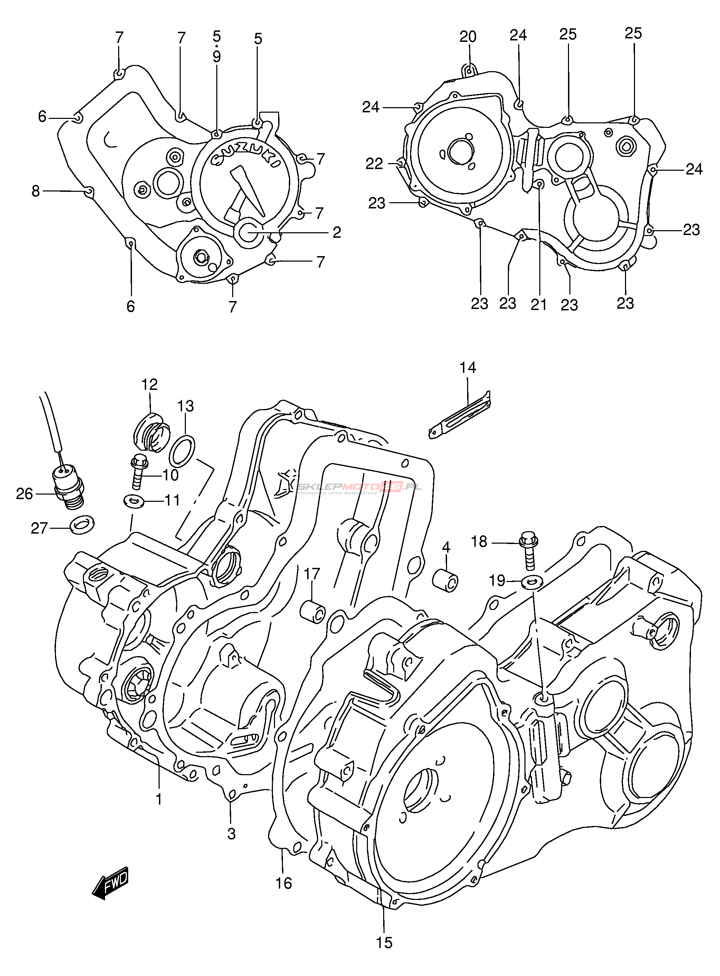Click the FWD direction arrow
coord(111,882)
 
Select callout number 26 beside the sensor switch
coord(25,494)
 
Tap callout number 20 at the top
coord(468,37)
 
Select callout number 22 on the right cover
coord(374,164)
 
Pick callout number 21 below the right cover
coord(539,304)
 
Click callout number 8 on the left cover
coord(35,191)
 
